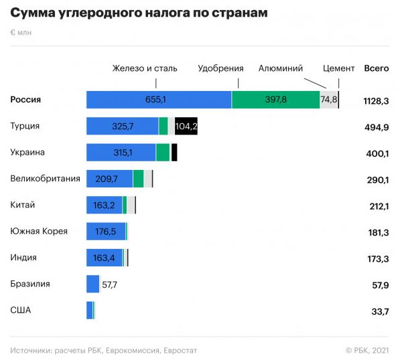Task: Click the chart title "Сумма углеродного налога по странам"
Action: click(139, 13)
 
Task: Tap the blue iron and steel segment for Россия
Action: click(159, 100)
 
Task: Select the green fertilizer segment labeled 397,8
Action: click(275, 100)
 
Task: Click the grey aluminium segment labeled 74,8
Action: click(328, 100)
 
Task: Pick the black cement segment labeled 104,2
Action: click(186, 126)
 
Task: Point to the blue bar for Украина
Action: click(121, 153)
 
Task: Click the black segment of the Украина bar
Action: click(174, 153)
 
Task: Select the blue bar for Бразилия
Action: click(92, 284)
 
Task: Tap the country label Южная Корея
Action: click(39, 232)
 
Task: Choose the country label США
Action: click(21, 310)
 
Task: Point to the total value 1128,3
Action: click(376, 101)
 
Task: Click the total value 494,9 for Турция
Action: click(377, 127)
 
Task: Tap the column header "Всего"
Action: click(377, 68)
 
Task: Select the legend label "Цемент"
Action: click(339, 68)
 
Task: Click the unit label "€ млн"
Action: click(21, 32)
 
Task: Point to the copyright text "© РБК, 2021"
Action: click(367, 350)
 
